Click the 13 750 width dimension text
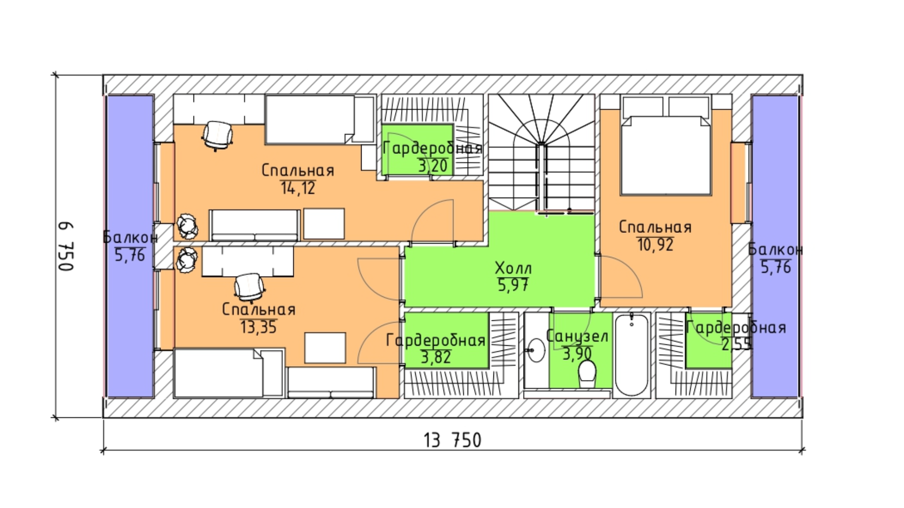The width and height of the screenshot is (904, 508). click(452, 440)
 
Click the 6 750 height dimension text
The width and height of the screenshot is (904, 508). click(66, 246)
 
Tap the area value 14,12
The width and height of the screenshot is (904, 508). click(298, 188)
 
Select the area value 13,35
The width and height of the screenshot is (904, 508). click(258, 327)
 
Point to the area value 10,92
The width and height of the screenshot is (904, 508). click(655, 245)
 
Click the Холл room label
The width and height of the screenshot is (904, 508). click(513, 268)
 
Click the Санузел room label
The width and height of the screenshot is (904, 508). click(577, 336)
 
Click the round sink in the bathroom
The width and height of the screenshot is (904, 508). click(536, 350)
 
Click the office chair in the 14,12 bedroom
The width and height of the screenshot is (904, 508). click(218, 135)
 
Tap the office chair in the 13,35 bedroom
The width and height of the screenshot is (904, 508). click(249, 287)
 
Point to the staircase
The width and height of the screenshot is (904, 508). click(541, 153)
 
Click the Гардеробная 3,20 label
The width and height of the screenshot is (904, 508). click(432, 157)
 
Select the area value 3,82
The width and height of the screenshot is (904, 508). click(436, 357)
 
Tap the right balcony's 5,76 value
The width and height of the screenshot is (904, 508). click(776, 267)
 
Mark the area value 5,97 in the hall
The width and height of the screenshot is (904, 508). click(513, 285)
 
